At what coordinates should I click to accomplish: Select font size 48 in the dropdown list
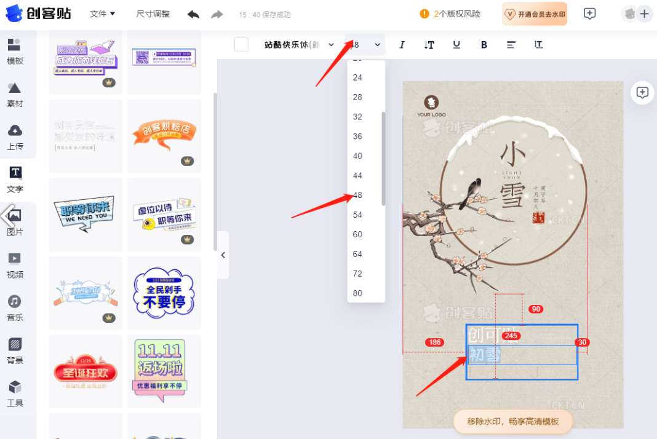(358, 196)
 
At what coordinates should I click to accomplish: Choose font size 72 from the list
(358, 274)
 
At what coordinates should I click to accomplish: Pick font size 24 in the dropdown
(358, 77)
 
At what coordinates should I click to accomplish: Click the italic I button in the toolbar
(402, 45)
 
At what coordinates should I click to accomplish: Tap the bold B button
(484, 45)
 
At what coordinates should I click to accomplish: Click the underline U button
(456, 45)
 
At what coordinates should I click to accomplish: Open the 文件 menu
(102, 14)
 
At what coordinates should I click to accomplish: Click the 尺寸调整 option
(153, 14)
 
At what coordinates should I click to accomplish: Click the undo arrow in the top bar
(193, 14)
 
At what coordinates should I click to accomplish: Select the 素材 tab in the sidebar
(15, 95)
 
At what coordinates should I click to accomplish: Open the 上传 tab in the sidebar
(15, 137)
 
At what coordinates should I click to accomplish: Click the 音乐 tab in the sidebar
(15, 308)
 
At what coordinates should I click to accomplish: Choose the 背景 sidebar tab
(15, 350)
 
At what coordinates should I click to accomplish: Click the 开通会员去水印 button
(534, 14)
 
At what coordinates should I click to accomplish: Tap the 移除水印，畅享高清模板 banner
(513, 422)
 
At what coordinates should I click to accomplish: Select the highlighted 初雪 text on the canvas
(485, 355)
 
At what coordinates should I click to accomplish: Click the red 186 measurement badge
(434, 342)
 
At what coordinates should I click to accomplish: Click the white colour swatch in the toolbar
(242, 45)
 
